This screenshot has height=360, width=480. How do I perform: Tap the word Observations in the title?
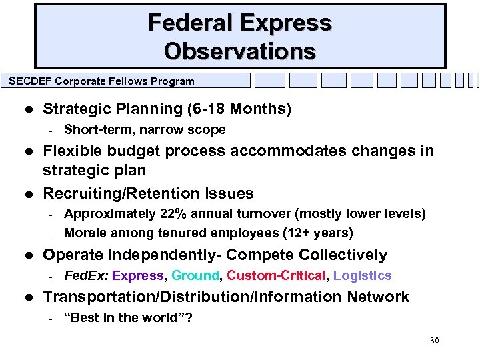(240, 51)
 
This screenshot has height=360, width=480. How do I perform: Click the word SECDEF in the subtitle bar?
(29, 81)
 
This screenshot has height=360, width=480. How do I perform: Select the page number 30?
(434, 341)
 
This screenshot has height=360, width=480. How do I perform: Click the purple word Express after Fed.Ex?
(137, 275)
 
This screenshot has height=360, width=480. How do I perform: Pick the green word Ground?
(195, 275)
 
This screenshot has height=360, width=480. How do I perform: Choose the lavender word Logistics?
(362, 275)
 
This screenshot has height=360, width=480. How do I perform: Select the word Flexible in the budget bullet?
(70, 151)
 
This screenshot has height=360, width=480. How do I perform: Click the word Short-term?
(93, 129)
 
